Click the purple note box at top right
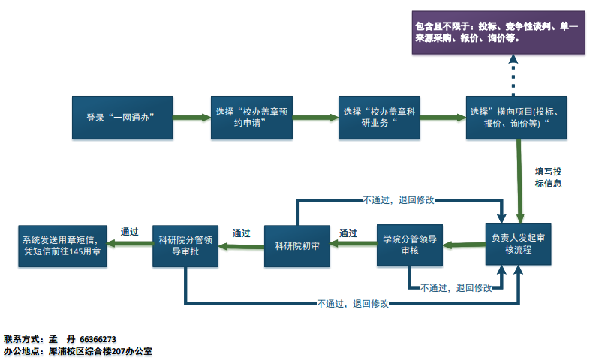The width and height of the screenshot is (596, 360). (498, 32)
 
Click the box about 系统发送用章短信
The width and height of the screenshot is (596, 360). (62, 245)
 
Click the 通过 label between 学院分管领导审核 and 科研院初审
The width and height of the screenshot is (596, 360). (348, 232)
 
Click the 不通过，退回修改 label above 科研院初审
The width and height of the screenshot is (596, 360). (399, 200)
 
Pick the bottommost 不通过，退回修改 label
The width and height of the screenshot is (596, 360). (354, 303)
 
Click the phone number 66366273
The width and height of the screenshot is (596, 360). (97, 339)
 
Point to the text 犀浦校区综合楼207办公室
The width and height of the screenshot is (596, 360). (101, 350)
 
